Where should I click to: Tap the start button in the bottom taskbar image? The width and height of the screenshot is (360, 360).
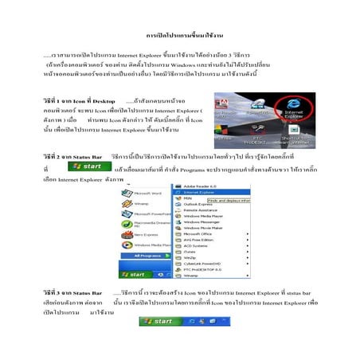[x=161, y=320]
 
